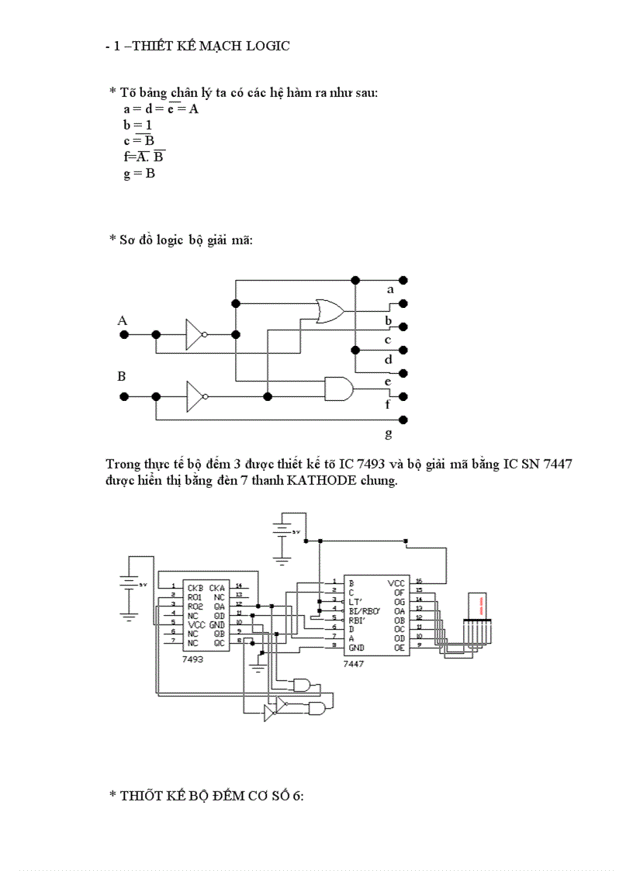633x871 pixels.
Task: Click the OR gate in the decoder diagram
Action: (x=329, y=311)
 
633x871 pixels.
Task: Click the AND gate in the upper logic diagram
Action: (x=338, y=388)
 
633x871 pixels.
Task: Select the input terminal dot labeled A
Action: (x=123, y=334)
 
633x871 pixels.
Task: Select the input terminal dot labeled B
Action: (x=123, y=396)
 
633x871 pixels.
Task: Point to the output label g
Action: (x=389, y=433)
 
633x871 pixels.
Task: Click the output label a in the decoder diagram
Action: (x=390, y=289)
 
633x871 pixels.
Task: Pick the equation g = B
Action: (x=139, y=173)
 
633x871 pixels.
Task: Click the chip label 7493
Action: (x=193, y=658)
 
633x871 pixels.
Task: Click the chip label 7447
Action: (x=354, y=665)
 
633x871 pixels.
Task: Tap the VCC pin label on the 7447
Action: (x=396, y=582)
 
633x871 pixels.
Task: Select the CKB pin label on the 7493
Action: (x=195, y=587)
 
